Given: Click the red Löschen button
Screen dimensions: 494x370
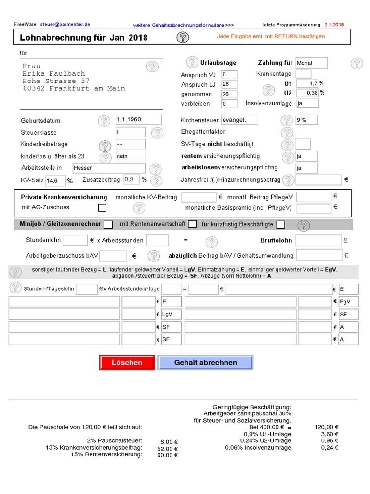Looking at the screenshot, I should coord(127,362).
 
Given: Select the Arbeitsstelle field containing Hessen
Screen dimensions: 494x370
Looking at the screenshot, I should coord(109,168).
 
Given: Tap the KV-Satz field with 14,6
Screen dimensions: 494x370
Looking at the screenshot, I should coord(55,181).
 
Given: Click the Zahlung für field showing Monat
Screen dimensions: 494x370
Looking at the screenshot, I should coord(311,63).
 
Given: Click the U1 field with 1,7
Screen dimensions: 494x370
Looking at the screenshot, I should coord(307,83).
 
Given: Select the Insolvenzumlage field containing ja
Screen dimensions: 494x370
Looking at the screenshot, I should coord(307,103).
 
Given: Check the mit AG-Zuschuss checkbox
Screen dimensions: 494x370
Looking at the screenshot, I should coord(102,208).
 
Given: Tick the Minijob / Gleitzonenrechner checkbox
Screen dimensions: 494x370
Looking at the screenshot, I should coord(108,224).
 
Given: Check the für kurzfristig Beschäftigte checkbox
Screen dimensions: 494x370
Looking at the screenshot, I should coord(281,224).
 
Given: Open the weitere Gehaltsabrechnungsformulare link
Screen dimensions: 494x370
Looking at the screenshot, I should coord(183,25).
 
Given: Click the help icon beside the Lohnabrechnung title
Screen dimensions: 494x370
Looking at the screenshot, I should coord(182,37).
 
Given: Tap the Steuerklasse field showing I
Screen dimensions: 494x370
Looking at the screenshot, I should coord(131,132).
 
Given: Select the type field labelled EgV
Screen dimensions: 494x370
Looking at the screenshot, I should coord(348,302).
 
